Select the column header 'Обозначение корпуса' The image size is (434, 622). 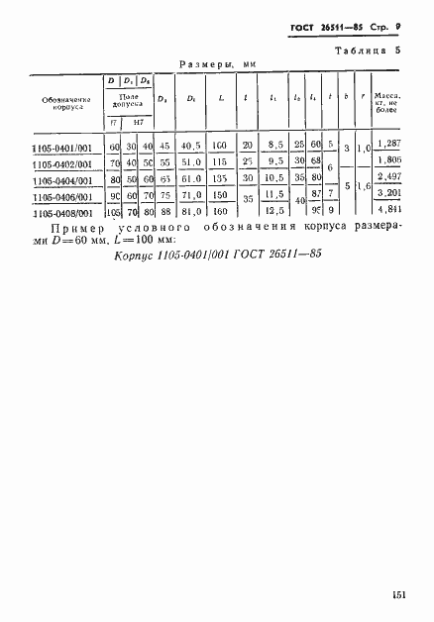(60, 103)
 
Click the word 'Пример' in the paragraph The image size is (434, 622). (96, 228)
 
